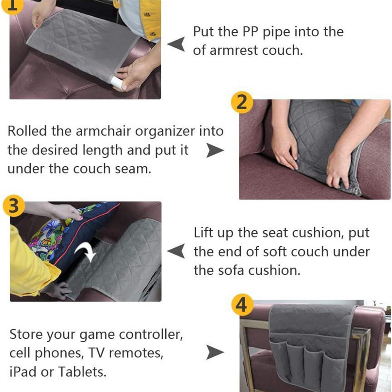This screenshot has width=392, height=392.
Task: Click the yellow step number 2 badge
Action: click(x=241, y=103)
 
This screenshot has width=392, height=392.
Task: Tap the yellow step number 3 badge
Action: click(x=13, y=206)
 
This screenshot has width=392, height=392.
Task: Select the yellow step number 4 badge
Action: click(x=241, y=305)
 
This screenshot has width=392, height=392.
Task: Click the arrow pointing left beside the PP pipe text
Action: click(x=176, y=44)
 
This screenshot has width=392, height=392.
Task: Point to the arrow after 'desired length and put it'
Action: click(x=215, y=151)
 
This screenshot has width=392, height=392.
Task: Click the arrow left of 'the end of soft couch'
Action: click(x=176, y=252)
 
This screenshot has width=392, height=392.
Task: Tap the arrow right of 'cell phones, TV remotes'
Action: click(x=215, y=352)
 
